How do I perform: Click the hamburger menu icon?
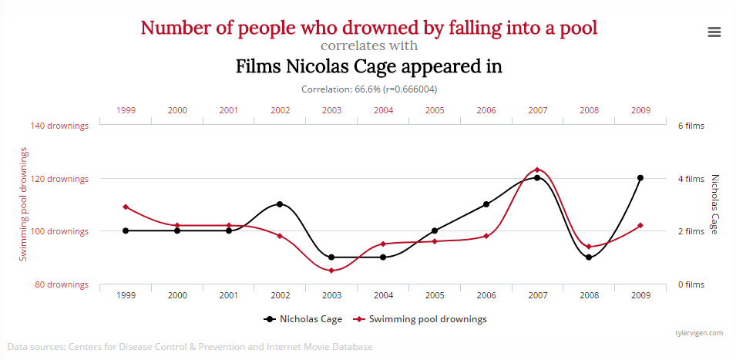click(714, 32)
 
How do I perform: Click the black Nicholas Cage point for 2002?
click(280, 204)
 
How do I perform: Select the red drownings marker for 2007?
click(537, 170)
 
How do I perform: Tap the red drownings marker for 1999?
click(126, 207)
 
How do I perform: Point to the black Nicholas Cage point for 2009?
click(640, 178)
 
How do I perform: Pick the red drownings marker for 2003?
click(331, 271)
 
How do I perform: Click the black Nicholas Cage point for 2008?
click(589, 257)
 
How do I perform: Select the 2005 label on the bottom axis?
click(435, 295)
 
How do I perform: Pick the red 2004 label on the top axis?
click(383, 110)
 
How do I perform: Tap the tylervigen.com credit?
click(697, 333)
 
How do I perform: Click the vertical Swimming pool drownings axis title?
click(24, 204)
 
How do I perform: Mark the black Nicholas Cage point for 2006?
click(486, 204)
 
